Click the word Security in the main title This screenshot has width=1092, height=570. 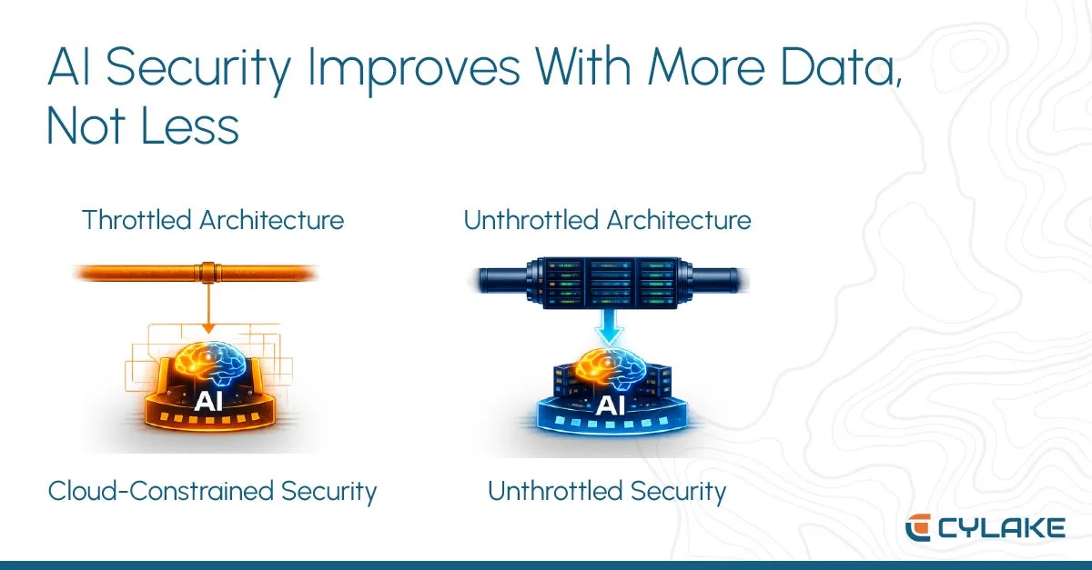pyautogui.click(x=198, y=68)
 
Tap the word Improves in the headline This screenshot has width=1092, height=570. pyautogui.click(x=414, y=68)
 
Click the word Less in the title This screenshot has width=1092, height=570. pyautogui.click(x=190, y=125)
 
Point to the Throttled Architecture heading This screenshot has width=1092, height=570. pyautogui.click(x=213, y=220)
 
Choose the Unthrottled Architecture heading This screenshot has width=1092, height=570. pyautogui.click(x=607, y=220)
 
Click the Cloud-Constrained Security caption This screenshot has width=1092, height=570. pyautogui.click(x=212, y=491)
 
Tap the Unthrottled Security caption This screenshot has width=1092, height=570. pyautogui.click(x=607, y=491)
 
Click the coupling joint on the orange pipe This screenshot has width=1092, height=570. pyautogui.click(x=208, y=273)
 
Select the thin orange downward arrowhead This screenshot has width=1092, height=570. pyautogui.click(x=208, y=328)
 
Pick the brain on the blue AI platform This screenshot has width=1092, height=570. pyautogui.click(x=611, y=370)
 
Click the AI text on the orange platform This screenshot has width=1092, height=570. pyautogui.click(x=208, y=402)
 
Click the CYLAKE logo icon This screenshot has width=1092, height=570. pyautogui.click(x=918, y=527)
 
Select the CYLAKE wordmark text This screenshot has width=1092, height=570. pyautogui.click(x=1001, y=528)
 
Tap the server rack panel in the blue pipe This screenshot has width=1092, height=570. pyautogui.click(x=610, y=283)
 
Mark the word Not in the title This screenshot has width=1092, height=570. pyautogui.click(x=86, y=125)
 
